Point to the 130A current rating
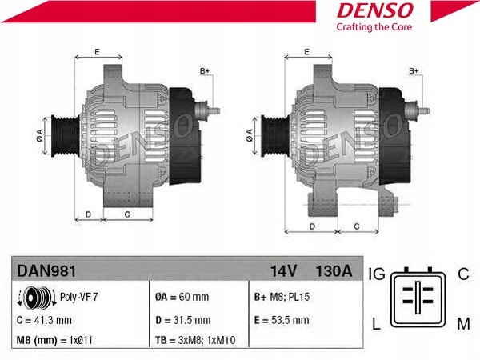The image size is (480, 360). [334, 271]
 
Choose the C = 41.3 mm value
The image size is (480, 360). [44, 320]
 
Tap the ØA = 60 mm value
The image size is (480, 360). [182, 298]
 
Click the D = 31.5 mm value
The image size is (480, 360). [182, 320]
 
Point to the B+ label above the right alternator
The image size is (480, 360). [414, 71]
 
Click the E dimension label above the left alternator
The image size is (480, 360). [96, 52]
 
